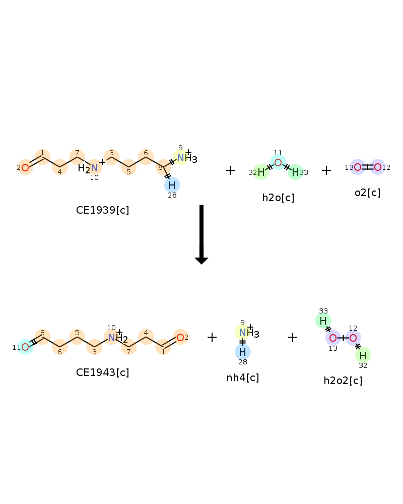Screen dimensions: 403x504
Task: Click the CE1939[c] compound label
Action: [x=103, y=210]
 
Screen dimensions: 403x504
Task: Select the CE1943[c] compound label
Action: [x=103, y=372]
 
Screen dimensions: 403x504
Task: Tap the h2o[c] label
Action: [x=278, y=198]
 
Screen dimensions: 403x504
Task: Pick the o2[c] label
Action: [x=367, y=193]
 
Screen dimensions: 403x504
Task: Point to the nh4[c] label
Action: [x=243, y=377]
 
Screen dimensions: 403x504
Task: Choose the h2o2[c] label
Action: [x=343, y=381]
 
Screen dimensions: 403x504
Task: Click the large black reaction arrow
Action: [x=201, y=234]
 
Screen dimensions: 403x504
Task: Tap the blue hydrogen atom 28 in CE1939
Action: [x=172, y=185]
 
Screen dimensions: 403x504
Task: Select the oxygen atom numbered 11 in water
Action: [x=278, y=162]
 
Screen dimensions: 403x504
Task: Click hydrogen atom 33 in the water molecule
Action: [x=295, y=172]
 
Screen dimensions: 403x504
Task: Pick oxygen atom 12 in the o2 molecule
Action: [x=378, y=167]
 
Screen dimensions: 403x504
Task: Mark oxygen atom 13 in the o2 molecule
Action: [x=358, y=167]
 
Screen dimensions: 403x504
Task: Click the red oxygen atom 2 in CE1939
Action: [x=25, y=167]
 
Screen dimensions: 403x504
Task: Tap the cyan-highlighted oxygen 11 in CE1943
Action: [x=25, y=347]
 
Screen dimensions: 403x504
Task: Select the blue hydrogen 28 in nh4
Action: [x=243, y=352]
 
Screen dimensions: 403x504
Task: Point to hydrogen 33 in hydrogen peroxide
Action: [x=323, y=321]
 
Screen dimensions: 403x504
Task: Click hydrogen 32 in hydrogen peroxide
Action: [x=363, y=355]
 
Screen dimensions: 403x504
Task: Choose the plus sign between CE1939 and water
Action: [x=230, y=170]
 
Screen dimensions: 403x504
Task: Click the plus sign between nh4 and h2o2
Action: [x=293, y=337]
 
